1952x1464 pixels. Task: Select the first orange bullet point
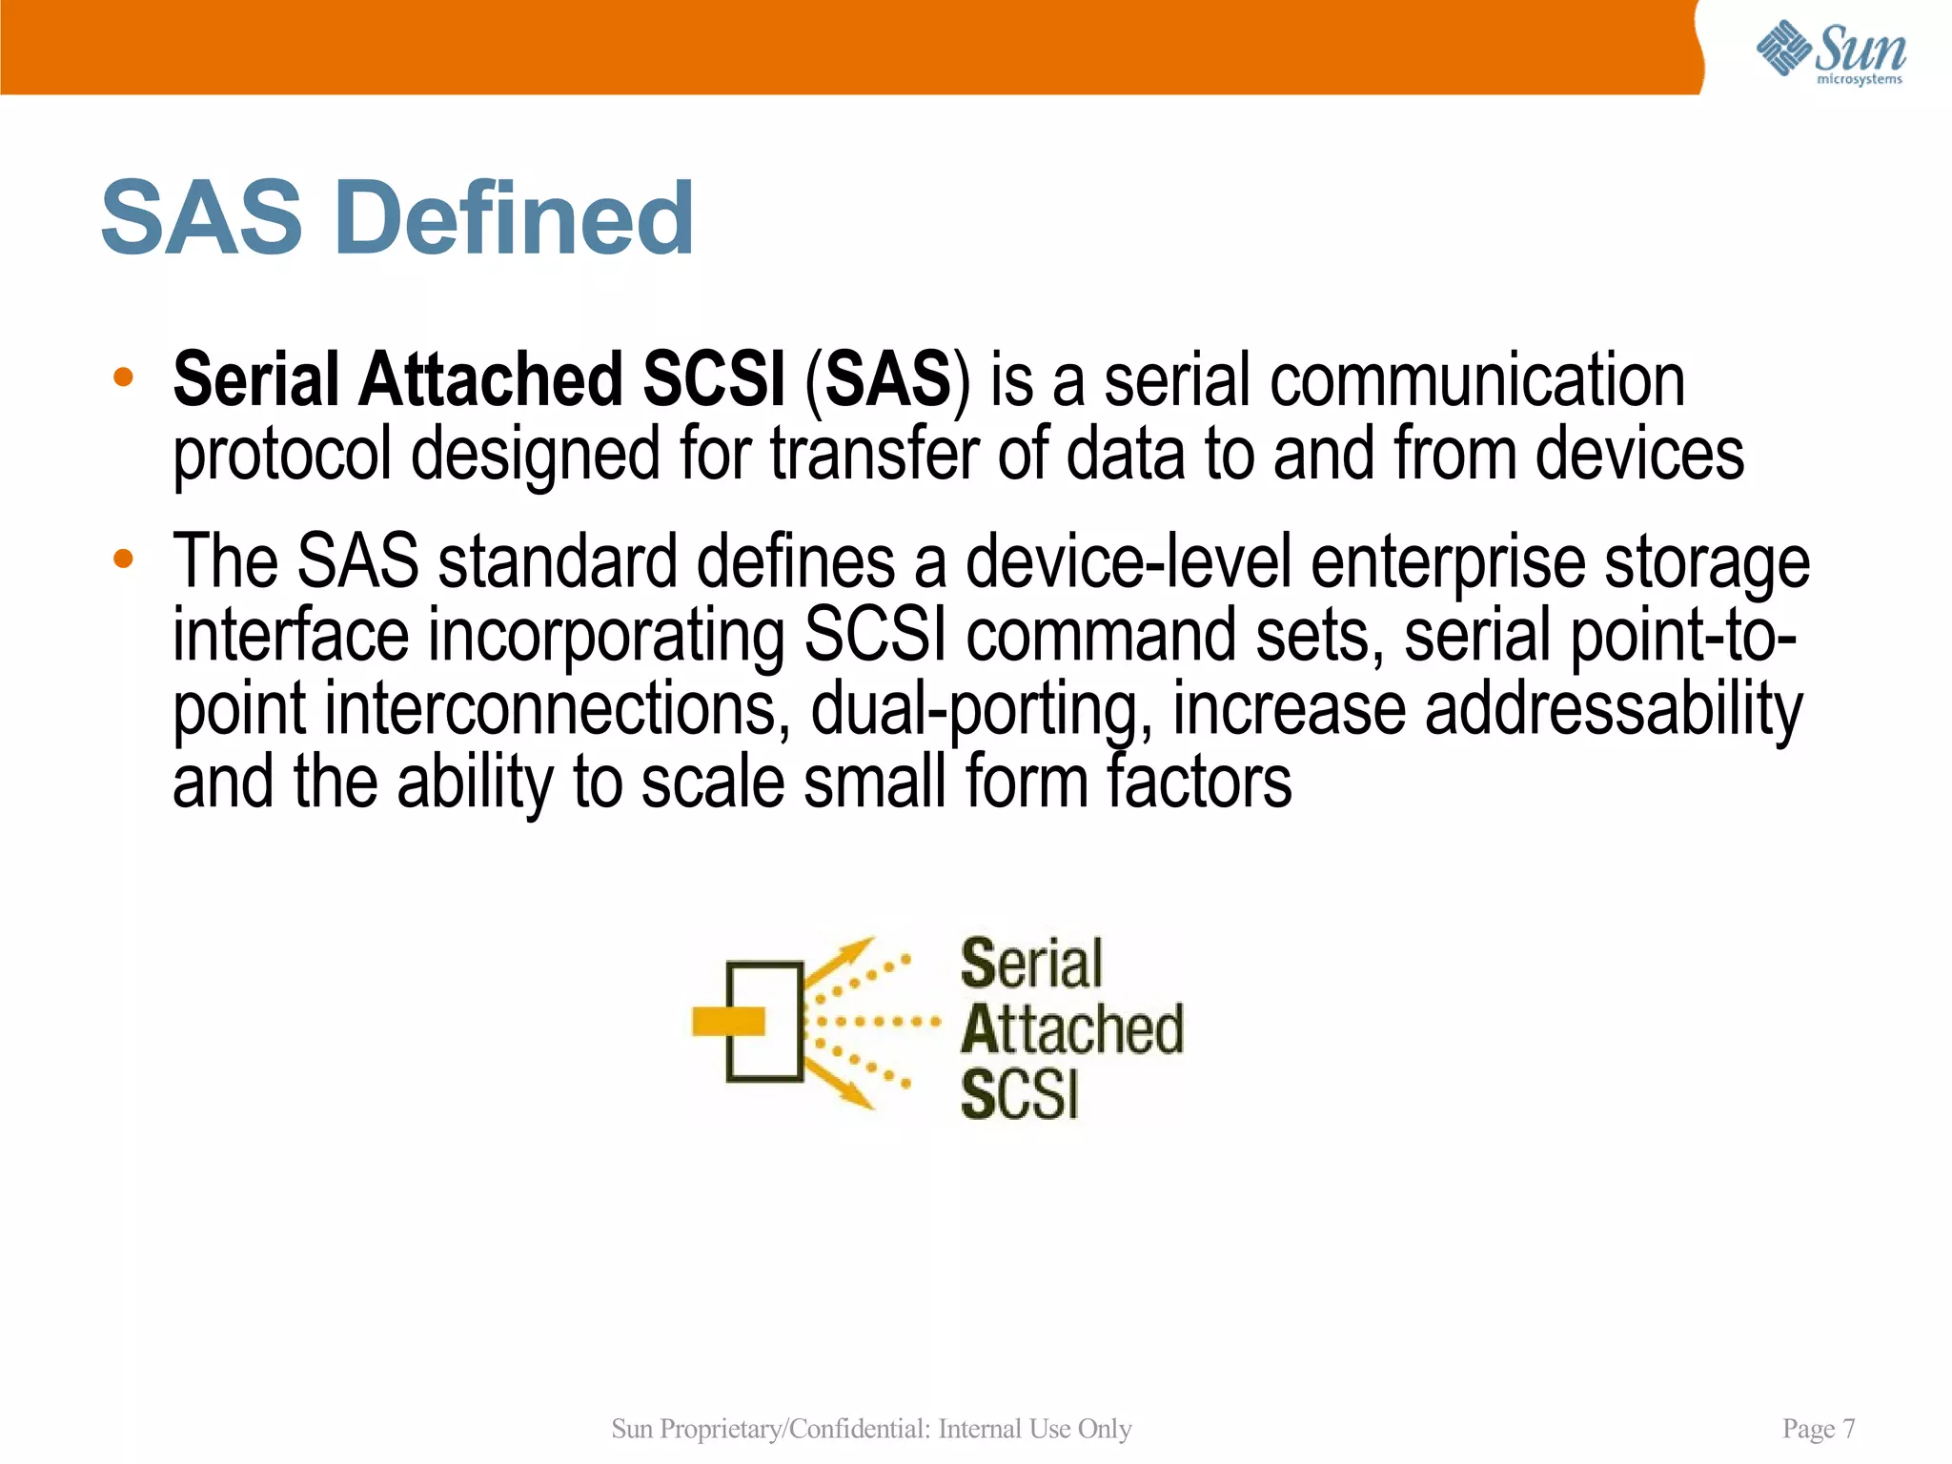pos(123,377)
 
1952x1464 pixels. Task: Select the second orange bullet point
pos(123,559)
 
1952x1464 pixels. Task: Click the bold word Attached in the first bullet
pos(490,380)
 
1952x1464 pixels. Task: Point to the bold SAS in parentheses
pos(887,380)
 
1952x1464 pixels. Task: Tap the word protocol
pos(282,456)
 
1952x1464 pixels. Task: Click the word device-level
pos(1128,562)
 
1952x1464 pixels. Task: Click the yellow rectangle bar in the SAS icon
pos(729,1021)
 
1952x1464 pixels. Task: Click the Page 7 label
pos(1818,1429)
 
